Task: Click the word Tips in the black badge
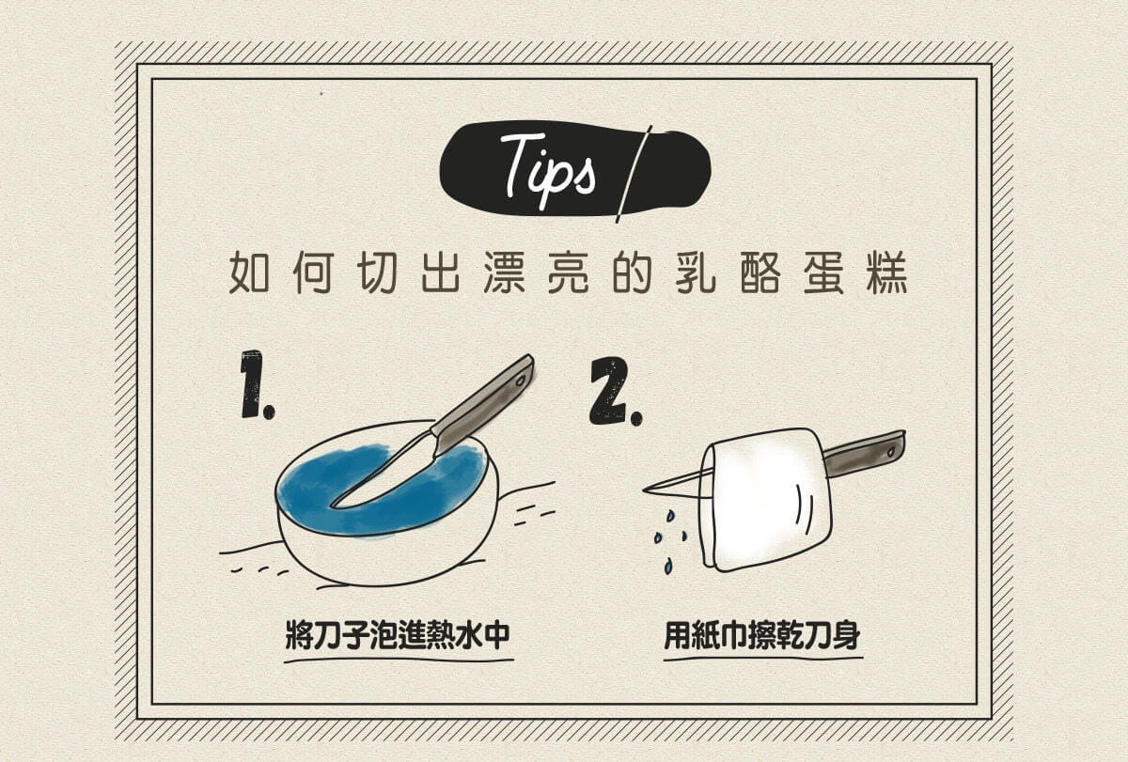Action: tap(547, 168)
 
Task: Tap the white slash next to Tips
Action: tap(634, 174)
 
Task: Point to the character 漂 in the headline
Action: tap(509, 272)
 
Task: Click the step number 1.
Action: tap(254, 384)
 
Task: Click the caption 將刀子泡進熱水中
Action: tap(398, 636)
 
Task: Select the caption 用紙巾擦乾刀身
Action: tap(762, 636)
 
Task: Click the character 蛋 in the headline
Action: tap(822, 272)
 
